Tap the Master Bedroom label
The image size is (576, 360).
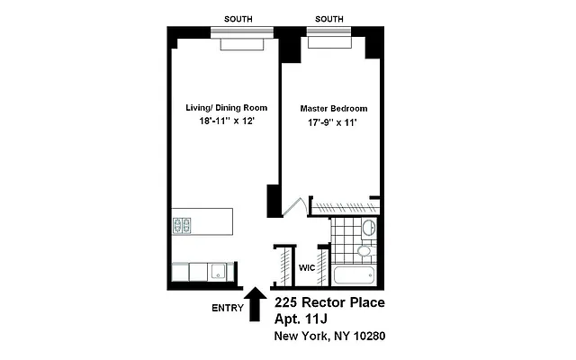pyautogui.click(x=334, y=108)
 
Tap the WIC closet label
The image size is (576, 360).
pyautogui.click(x=306, y=267)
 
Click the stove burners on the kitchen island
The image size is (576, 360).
pyautogui.click(x=181, y=224)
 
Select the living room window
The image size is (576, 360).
pyautogui.click(x=242, y=35)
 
